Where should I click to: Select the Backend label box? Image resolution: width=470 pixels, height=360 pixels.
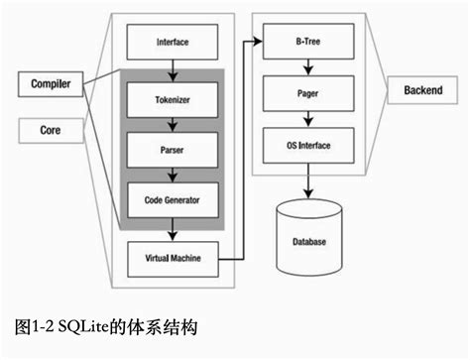[422, 89]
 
